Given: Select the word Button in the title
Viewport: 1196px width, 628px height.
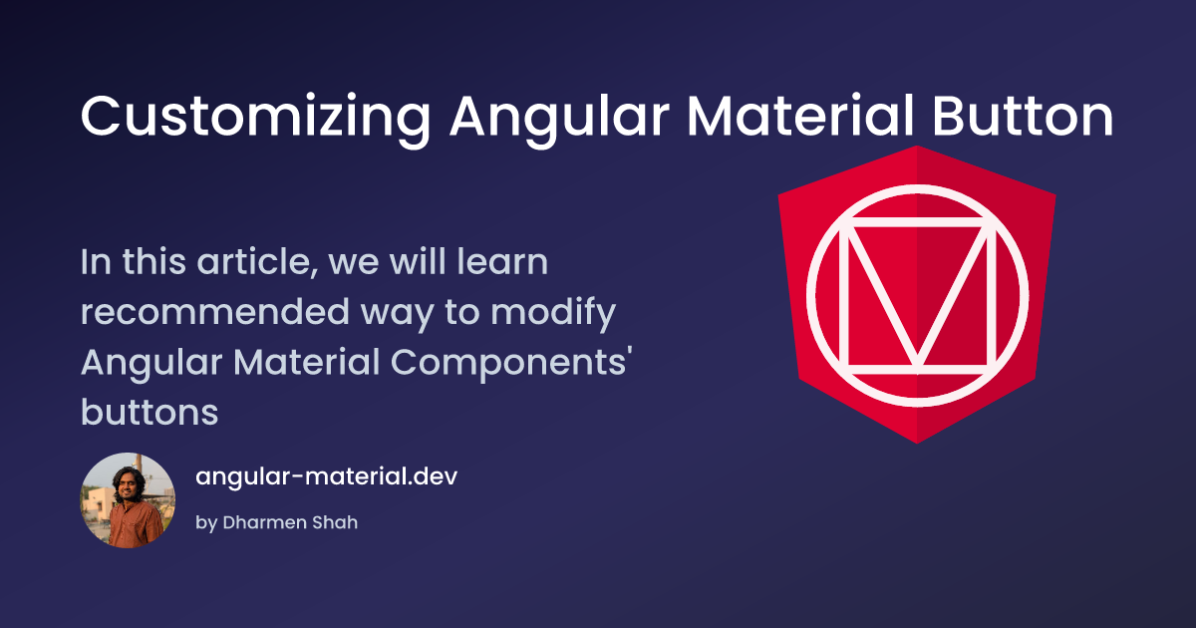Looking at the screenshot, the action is click(x=1023, y=116).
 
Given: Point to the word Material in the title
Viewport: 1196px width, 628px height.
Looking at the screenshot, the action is click(x=800, y=116).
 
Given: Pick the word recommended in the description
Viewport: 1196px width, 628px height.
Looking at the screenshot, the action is click(x=214, y=311).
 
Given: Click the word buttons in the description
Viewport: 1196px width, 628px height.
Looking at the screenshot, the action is click(x=149, y=412).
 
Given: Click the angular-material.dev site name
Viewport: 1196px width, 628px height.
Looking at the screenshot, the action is click(x=326, y=476).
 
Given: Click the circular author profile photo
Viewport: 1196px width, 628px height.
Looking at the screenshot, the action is click(x=128, y=500).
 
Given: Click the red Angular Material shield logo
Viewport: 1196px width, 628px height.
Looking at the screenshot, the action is click(x=917, y=295).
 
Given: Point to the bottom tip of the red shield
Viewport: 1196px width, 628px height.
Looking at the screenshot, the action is click(x=917, y=444).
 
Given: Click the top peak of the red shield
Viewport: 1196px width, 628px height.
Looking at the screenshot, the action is click(x=917, y=147).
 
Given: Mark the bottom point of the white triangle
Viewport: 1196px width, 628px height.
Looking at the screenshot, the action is click(x=917, y=363).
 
